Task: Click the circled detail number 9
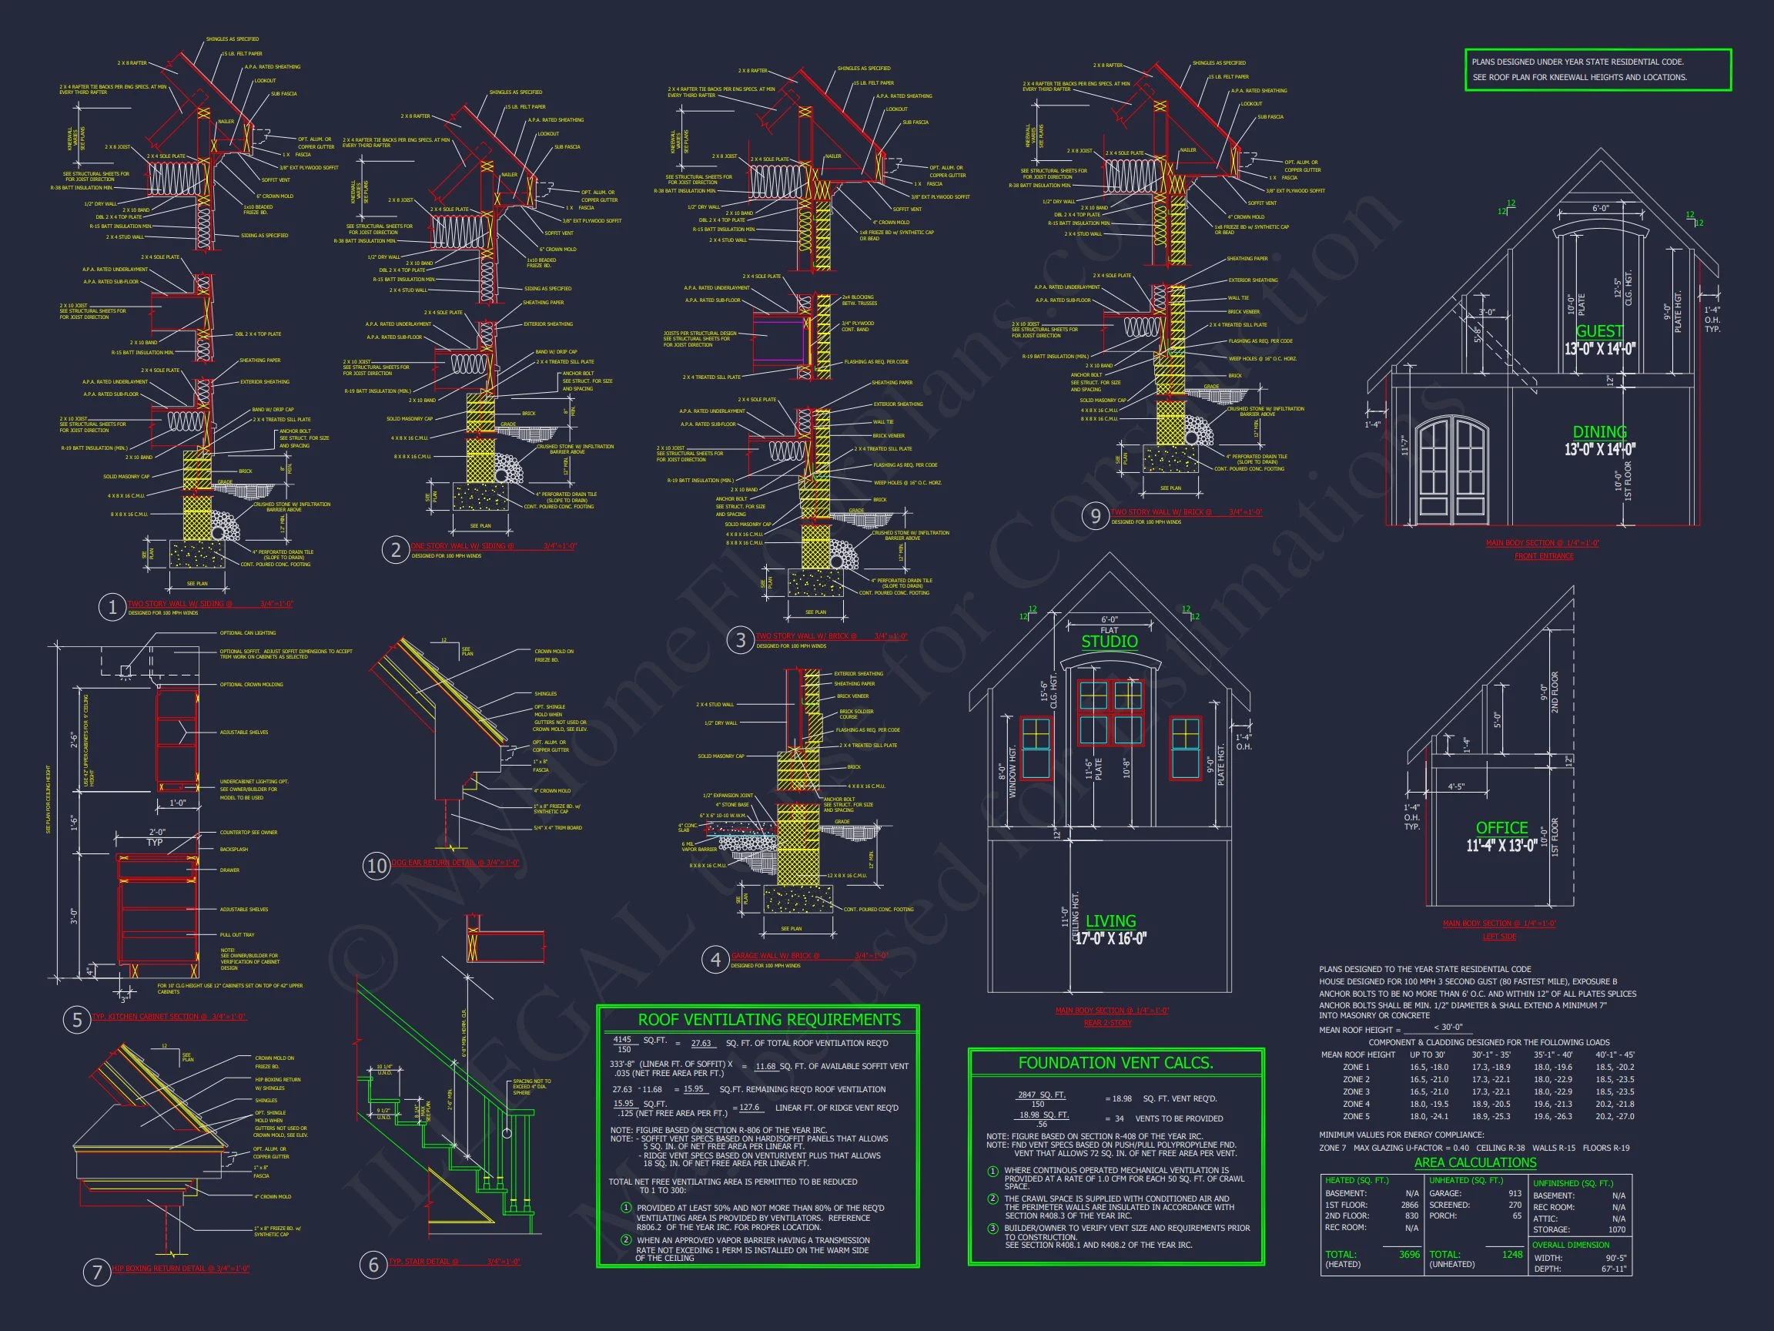(x=1096, y=516)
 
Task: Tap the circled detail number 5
(x=77, y=1020)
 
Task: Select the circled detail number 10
(x=377, y=866)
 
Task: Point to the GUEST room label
(x=1599, y=331)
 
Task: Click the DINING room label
(x=1599, y=431)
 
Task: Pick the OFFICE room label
(x=1501, y=828)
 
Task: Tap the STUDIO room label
(x=1110, y=641)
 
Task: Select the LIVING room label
(x=1111, y=921)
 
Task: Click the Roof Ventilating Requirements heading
(x=758, y=1020)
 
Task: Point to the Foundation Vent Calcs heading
(x=1116, y=1063)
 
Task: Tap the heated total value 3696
(x=1409, y=1254)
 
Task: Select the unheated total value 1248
(x=1511, y=1254)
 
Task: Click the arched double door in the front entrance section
(x=1452, y=467)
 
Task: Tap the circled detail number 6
(x=373, y=1266)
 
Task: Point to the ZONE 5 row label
(x=1356, y=1116)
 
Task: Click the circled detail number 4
(x=715, y=960)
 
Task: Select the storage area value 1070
(x=1617, y=1229)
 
